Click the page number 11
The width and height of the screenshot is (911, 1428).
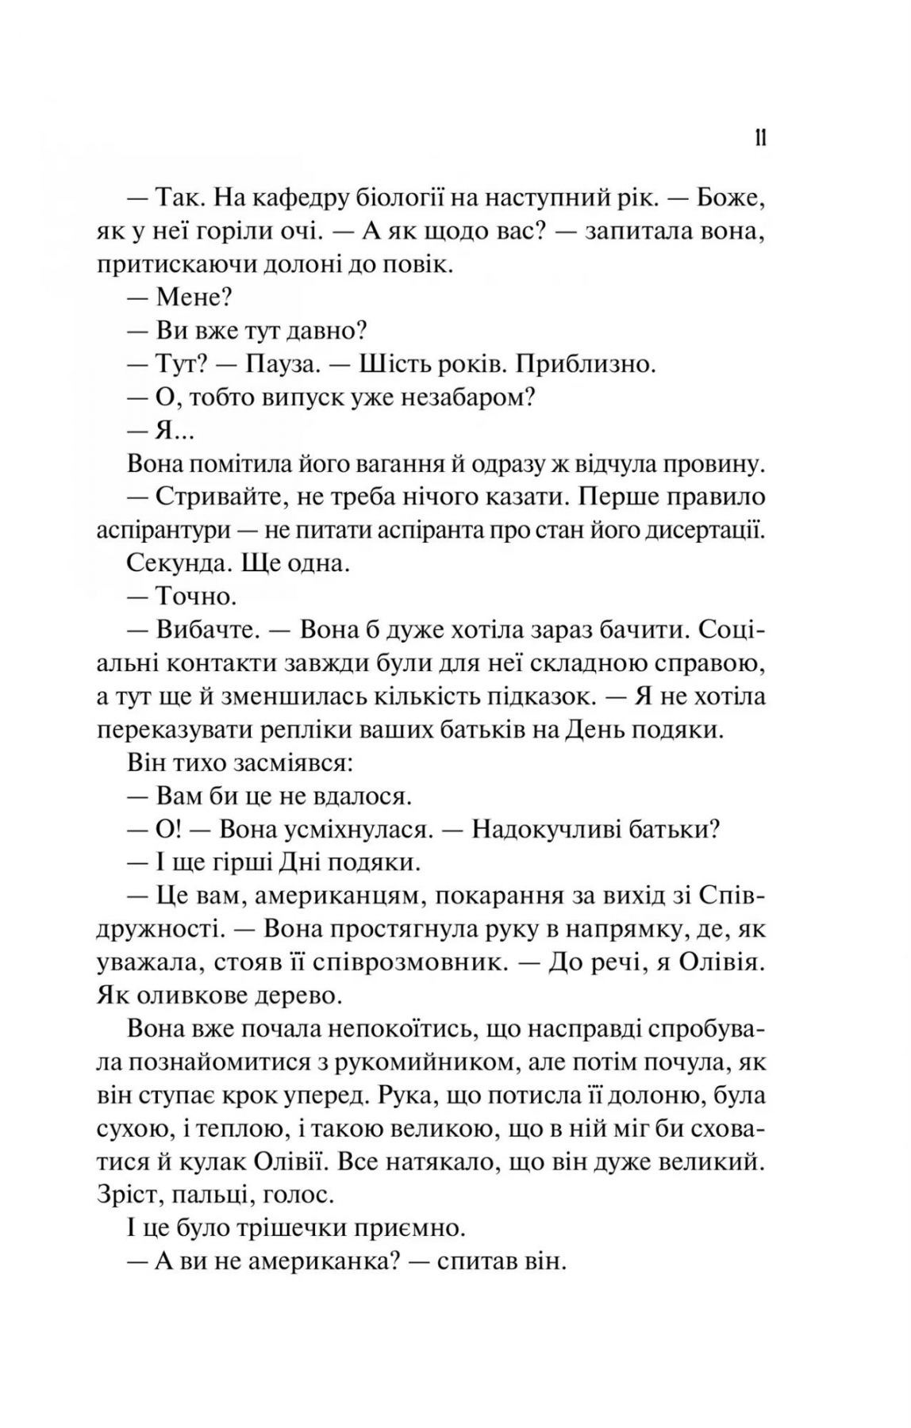[759, 139]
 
